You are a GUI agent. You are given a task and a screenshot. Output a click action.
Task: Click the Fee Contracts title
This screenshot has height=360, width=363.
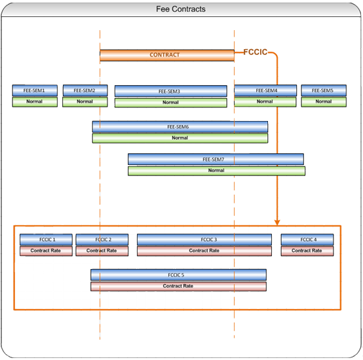click(181, 9)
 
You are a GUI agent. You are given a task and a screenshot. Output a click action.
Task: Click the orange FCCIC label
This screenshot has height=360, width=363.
click(256, 52)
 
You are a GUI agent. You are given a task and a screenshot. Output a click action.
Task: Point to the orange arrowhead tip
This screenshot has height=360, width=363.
click(277, 223)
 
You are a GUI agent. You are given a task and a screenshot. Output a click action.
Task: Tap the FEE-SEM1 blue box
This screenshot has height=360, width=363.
click(35, 90)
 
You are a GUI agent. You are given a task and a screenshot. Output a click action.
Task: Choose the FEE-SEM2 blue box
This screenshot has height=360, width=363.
click(85, 90)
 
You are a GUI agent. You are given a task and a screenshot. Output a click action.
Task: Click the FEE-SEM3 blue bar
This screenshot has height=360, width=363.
click(170, 91)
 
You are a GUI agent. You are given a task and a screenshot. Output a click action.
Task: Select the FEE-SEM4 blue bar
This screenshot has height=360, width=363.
click(265, 90)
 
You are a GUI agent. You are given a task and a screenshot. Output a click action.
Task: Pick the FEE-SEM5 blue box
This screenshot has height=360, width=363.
click(323, 90)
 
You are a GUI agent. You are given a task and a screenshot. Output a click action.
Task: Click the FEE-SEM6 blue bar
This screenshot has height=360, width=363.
click(180, 126)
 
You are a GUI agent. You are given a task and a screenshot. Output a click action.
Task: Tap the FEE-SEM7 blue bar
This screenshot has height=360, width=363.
click(216, 159)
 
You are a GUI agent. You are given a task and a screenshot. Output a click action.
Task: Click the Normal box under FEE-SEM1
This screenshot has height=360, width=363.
click(35, 101)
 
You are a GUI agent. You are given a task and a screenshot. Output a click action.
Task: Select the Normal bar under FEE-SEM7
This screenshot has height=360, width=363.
click(216, 171)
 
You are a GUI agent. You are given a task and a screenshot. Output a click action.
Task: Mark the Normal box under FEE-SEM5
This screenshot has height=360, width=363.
click(323, 101)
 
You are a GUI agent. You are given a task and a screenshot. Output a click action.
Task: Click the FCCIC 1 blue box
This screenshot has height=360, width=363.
click(45, 240)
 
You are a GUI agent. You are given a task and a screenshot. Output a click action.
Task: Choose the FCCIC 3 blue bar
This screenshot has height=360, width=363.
click(204, 240)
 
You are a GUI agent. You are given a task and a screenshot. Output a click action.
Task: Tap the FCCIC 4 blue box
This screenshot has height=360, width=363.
click(307, 240)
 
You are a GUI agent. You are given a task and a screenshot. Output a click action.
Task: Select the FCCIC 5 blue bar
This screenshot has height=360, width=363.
click(178, 275)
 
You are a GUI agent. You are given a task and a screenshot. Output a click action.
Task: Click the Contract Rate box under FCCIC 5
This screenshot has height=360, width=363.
click(178, 286)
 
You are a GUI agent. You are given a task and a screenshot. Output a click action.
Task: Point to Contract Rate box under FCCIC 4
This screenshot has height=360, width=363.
click(307, 251)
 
